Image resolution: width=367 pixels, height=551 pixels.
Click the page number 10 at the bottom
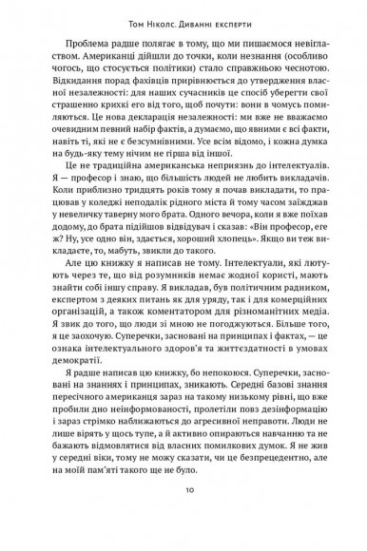pos(183,516)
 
